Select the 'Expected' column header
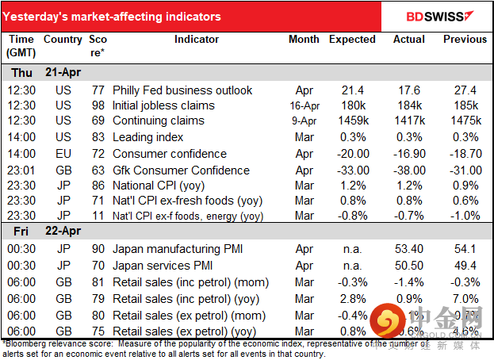(352, 39)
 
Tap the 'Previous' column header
(465, 39)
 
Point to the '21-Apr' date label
(61, 72)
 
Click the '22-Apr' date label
(61, 232)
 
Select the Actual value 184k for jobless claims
(409, 105)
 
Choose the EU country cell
(63, 154)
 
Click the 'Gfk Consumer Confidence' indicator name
(181, 170)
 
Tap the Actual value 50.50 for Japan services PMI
(409, 266)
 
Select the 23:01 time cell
(21, 170)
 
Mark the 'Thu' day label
(21, 72)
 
